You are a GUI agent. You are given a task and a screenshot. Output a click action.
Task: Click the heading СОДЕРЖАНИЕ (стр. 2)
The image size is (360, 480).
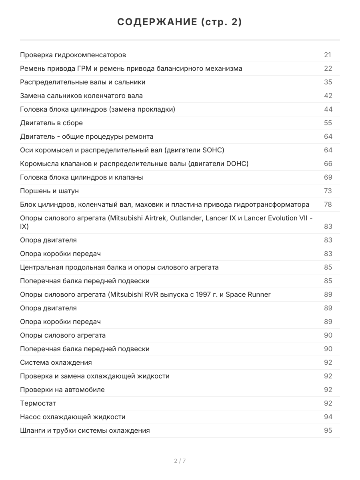180,22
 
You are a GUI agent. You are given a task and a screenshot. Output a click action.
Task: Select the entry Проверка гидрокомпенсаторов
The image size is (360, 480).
73,55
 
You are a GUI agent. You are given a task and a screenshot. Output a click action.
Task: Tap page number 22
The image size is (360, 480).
328,68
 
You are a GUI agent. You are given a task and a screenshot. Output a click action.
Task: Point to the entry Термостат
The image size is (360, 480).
38,403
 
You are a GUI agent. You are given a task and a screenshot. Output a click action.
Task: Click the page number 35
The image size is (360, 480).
328,82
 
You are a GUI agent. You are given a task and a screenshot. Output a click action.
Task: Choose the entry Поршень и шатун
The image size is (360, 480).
50,191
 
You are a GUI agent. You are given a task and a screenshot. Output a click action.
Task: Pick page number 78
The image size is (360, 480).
328,204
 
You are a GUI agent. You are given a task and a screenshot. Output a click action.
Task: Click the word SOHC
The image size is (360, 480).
212,150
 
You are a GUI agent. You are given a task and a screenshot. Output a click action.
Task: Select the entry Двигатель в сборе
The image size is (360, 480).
51,123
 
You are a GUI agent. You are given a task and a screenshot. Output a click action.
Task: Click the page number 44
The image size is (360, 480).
328,109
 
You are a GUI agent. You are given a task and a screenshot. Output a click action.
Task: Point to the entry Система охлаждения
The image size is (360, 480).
56,362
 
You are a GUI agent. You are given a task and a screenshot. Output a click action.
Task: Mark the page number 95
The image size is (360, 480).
328,430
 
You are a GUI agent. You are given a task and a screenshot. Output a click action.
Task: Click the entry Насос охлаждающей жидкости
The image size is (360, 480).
72,417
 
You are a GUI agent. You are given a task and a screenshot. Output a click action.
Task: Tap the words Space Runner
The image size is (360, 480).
248,294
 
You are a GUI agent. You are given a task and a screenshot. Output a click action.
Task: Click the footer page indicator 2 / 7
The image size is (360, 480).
180,461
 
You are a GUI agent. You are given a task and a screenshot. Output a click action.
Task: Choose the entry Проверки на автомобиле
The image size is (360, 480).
62,390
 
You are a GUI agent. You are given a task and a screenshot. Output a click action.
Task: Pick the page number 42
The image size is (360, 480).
328,96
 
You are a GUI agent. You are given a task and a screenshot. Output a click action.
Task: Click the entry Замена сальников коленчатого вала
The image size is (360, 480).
81,96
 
